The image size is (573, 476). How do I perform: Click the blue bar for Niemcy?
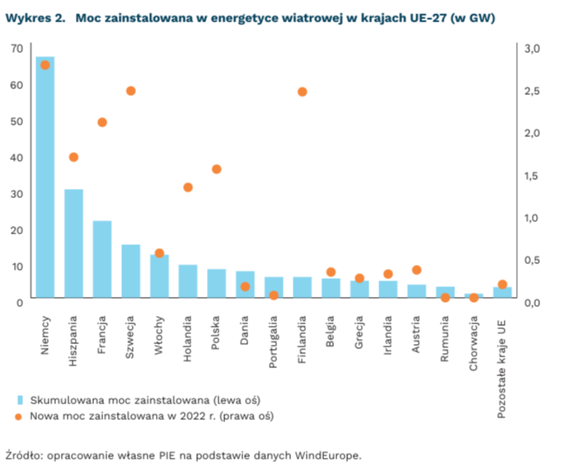click(x=45, y=177)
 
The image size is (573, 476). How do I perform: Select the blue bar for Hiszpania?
click(x=73, y=243)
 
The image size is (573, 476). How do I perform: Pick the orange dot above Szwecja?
click(x=130, y=91)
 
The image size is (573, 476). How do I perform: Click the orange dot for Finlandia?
click(x=302, y=92)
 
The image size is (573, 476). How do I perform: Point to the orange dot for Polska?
click(x=217, y=169)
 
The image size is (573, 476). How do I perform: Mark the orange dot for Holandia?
click(x=188, y=187)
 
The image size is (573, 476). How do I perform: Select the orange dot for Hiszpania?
click(x=73, y=157)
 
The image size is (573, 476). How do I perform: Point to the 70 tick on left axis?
click(x=16, y=49)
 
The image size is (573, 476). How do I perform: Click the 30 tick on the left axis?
click(x=16, y=194)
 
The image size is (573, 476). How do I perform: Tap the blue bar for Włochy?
click(x=159, y=276)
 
